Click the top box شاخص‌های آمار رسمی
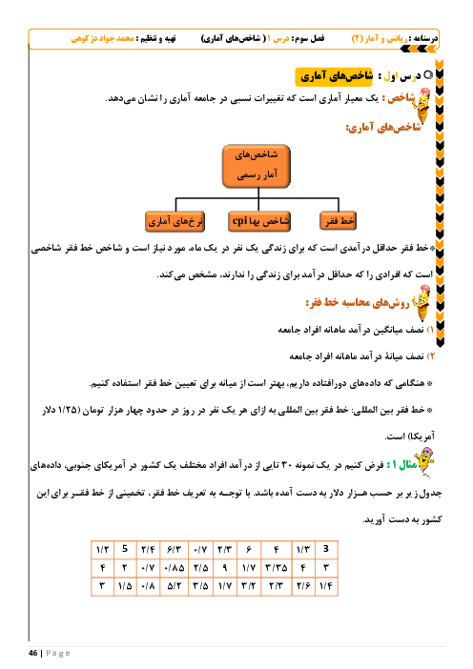257,166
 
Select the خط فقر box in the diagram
338,221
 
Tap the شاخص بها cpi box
259,221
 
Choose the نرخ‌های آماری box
175,221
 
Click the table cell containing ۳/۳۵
277,568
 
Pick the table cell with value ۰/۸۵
175,568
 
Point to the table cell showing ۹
224,568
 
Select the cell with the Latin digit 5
125,549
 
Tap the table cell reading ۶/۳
175,550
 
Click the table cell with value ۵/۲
175,586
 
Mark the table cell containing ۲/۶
303,586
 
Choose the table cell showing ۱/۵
125,586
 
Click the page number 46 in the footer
32,653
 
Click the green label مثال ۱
401,465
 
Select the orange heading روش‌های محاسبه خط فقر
358,302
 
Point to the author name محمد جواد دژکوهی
102,39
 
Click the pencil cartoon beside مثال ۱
424,461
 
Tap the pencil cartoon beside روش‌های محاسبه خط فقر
422,303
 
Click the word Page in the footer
58,653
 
